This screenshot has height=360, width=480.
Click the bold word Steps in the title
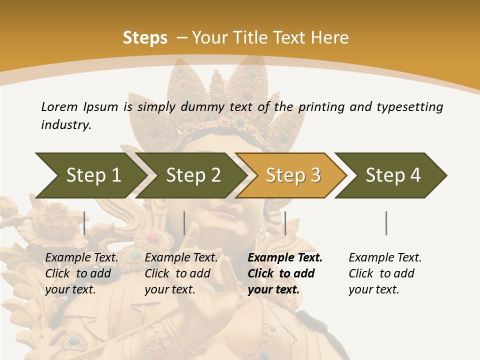click(x=145, y=37)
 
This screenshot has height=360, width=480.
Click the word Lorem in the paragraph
click(x=59, y=106)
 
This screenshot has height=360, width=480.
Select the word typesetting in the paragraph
click(x=409, y=106)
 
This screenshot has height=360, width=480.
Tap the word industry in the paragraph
click(x=65, y=125)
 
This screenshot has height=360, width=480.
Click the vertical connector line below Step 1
click(x=84, y=223)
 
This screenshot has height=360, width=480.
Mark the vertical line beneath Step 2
click(x=184, y=223)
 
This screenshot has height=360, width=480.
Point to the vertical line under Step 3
click(x=285, y=223)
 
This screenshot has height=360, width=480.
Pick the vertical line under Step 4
click(x=386, y=223)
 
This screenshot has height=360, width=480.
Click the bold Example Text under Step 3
click(x=285, y=257)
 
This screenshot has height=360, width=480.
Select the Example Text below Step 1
click(x=81, y=257)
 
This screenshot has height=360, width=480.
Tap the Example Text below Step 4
click(x=385, y=257)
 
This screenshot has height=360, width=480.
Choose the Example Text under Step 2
click(x=181, y=257)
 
